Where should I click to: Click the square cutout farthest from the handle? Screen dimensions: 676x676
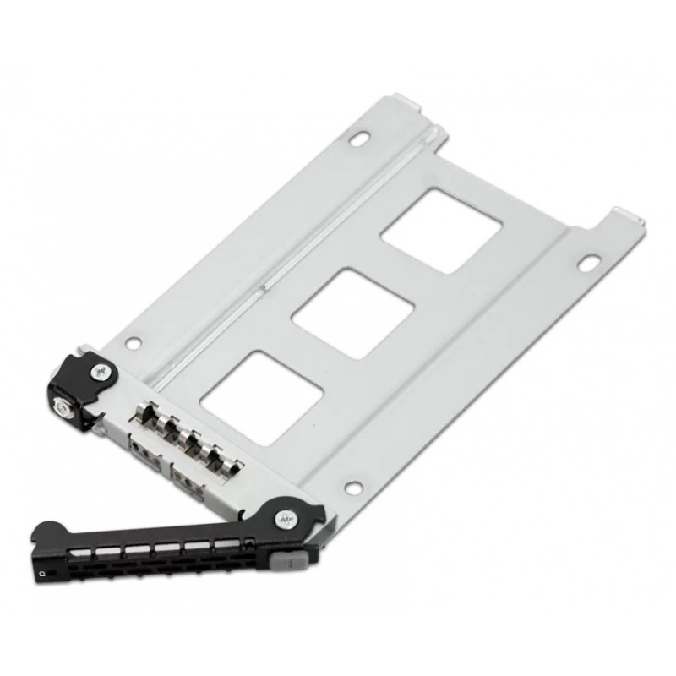(x=439, y=229)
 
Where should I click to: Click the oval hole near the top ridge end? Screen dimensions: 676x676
(x=361, y=137)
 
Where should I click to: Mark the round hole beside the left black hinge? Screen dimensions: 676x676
(x=130, y=343)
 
